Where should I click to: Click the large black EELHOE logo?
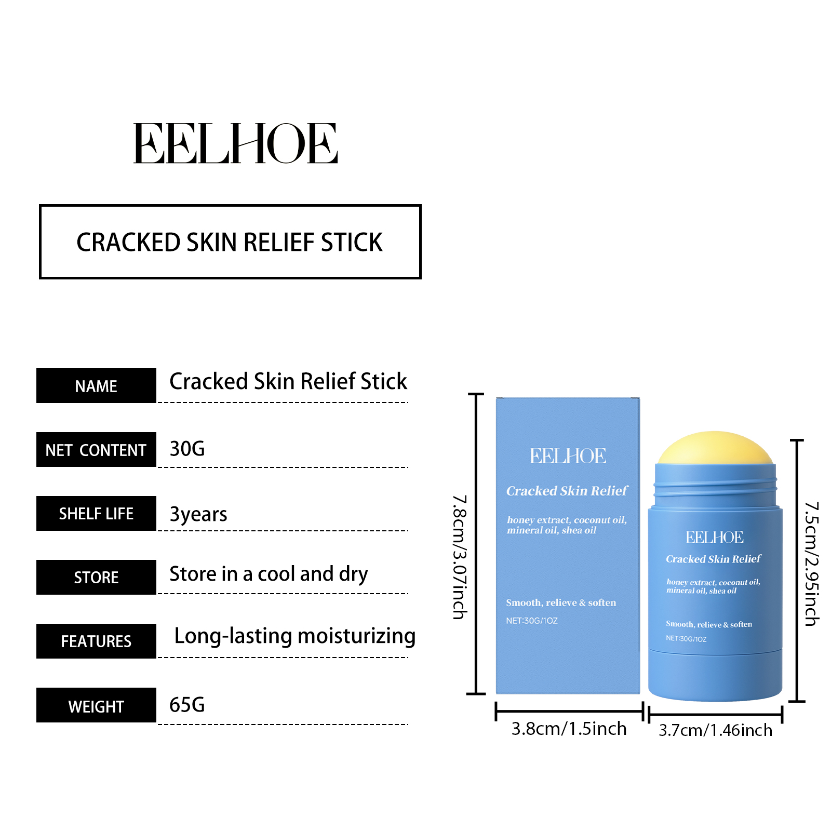(235, 143)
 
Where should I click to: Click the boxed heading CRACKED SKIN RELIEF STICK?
(230, 242)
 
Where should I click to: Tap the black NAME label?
(96, 386)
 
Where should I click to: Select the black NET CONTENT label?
(96, 450)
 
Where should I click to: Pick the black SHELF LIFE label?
(96, 514)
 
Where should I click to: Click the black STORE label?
(96, 577)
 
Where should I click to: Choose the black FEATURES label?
(96, 641)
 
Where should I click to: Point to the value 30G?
(187, 449)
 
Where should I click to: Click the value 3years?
(198, 514)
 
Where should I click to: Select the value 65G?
(187, 705)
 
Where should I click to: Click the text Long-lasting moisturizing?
(294, 636)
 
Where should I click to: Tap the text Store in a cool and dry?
(269, 574)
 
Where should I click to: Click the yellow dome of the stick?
(715, 448)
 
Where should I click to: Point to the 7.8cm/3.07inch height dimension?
(460, 557)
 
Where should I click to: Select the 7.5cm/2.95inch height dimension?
(811, 564)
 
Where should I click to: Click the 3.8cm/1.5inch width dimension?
(569, 729)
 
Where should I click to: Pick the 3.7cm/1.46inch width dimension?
(715, 730)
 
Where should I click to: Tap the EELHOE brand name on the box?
(568, 456)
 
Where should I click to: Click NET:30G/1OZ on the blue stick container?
(686, 638)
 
